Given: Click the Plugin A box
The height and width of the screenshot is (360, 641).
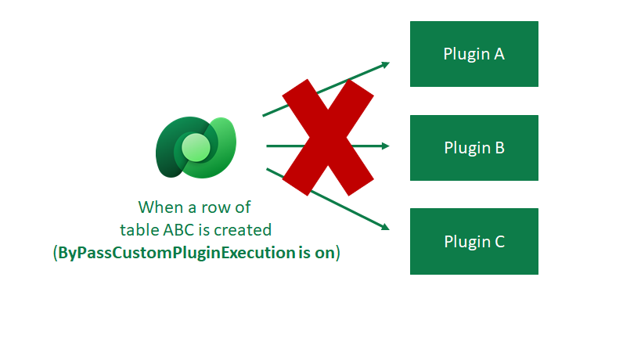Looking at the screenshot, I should (474, 54).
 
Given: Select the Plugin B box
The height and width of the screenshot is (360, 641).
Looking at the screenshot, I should (474, 148).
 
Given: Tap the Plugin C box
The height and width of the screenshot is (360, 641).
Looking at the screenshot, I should (474, 241).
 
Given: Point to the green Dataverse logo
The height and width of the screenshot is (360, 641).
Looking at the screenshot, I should (196, 147).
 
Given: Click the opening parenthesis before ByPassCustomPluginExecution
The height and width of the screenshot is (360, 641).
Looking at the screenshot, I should (55, 254).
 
